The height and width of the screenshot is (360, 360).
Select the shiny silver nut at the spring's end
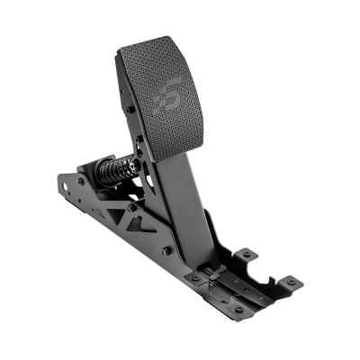[x=136, y=166]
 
